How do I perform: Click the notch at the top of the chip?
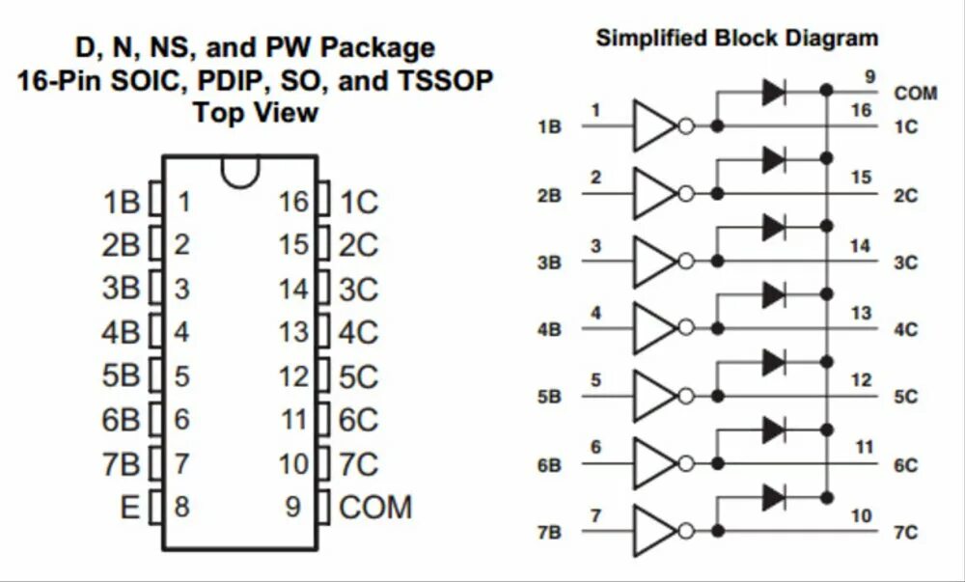pyautogui.click(x=239, y=171)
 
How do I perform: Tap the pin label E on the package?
pyautogui.click(x=130, y=507)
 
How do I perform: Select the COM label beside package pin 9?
pyautogui.click(x=375, y=507)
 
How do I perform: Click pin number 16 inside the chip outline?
pyautogui.click(x=293, y=203)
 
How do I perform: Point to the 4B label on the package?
pyautogui.click(x=121, y=333)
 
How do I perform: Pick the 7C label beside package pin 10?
pyautogui.click(x=358, y=464)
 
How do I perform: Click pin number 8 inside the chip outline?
pyautogui.click(x=181, y=507)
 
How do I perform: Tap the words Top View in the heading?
pyautogui.click(x=255, y=112)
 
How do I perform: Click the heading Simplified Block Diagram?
pyautogui.click(x=737, y=39)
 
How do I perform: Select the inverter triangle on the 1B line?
pyautogui.click(x=653, y=126)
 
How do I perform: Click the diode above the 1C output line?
pyautogui.click(x=773, y=92)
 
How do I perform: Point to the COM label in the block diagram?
pyautogui.click(x=916, y=94)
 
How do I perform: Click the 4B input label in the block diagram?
pyautogui.click(x=549, y=330)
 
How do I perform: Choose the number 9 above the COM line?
pyautogui.click(x=871, y=76)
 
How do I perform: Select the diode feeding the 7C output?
pyautogui.click(x=773, y=498)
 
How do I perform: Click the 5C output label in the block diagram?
pyautogui.click(x=905, y=397)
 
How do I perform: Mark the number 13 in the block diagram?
pyautogui.click(x=861, y=314)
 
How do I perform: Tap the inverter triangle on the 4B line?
pyautogui.click(x=653, y=328)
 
